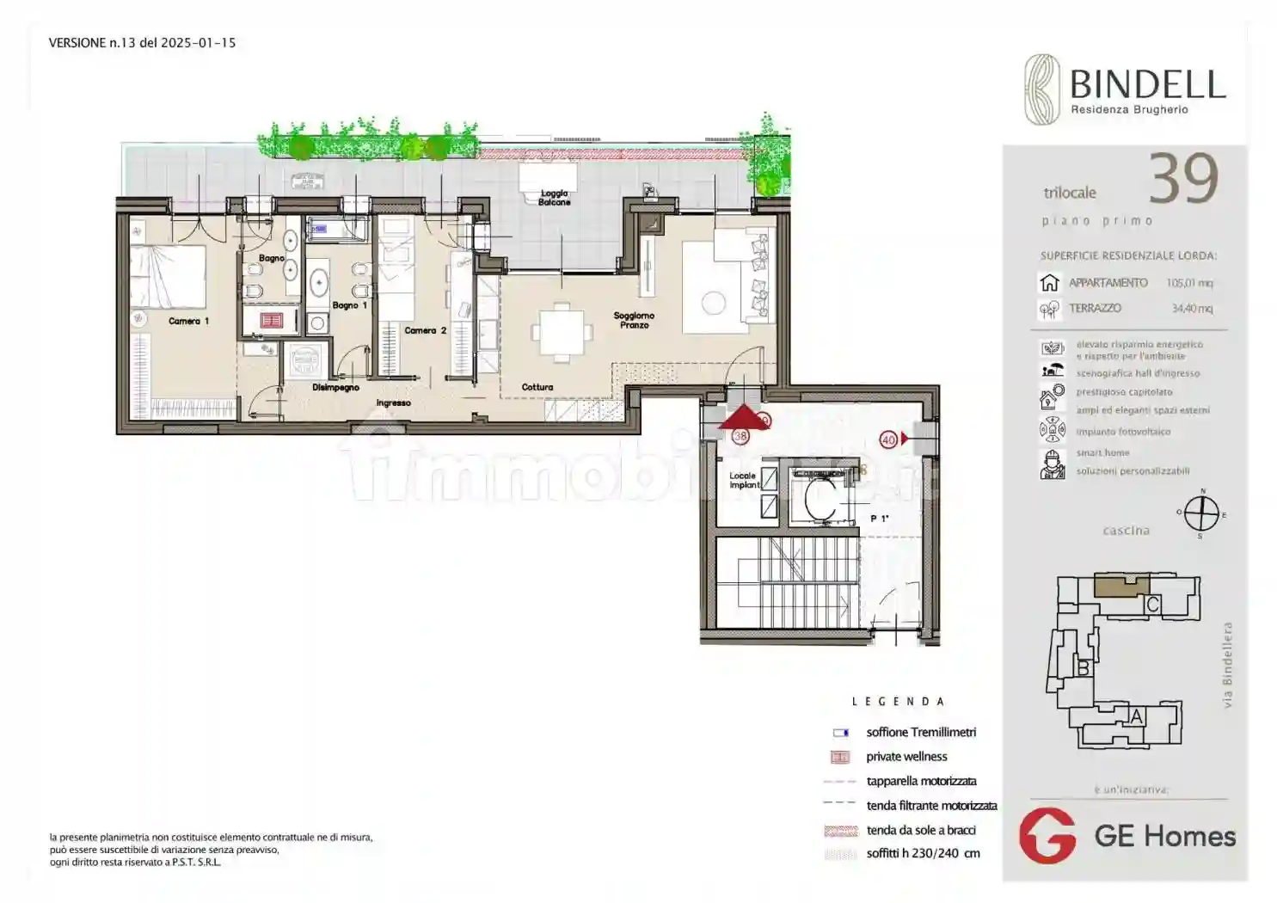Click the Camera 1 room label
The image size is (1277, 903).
tap(188, 321)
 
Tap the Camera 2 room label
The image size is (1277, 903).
tap(426, 330)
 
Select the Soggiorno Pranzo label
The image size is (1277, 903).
tap(634, 320)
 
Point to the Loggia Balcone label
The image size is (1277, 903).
tap(555, 198)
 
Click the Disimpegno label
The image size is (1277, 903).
tap(335, 387)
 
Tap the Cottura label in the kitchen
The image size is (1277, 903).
tap(537, 387)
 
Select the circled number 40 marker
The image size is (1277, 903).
tap(888, 439)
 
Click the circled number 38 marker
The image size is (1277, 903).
tap(740, 436)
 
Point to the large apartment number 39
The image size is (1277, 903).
tap(1183, 180)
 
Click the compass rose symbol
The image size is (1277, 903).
tap(1201, 514)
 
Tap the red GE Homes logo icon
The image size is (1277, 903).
tap(1047, 835)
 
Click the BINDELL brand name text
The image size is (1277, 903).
tap(1147, 84)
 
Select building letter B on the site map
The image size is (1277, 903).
tap(1084, 667)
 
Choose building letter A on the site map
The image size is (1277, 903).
tap(1137, 716)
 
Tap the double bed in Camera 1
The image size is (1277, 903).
tap(168, 277)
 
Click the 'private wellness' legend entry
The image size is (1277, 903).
tap(906, 757)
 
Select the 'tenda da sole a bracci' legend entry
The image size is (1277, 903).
tap(920, 830)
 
